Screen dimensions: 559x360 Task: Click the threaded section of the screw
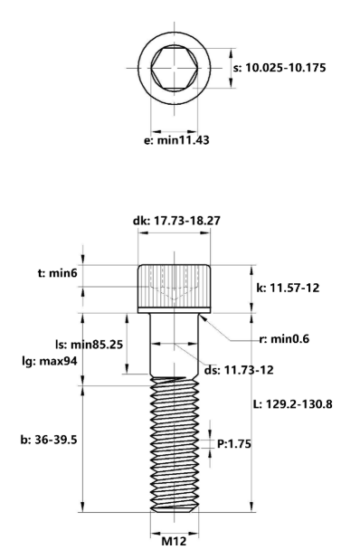tap(174, 443)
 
